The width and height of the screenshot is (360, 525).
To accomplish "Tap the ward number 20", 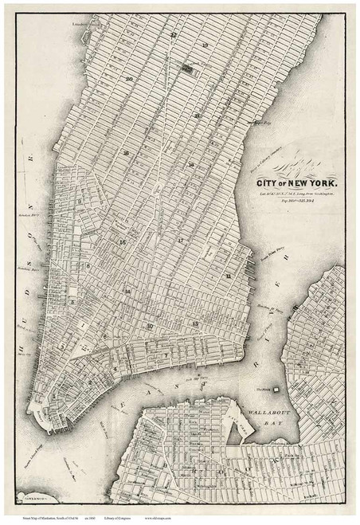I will click(128, 80).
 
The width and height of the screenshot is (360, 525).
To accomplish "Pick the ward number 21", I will click(197, 115).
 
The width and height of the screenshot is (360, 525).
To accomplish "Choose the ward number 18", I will click(191, 165).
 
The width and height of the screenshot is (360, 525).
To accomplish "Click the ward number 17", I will click(180, 240).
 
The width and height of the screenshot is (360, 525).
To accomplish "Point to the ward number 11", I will click(228, 276).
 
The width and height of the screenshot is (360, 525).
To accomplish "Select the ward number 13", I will click(195, 323).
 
